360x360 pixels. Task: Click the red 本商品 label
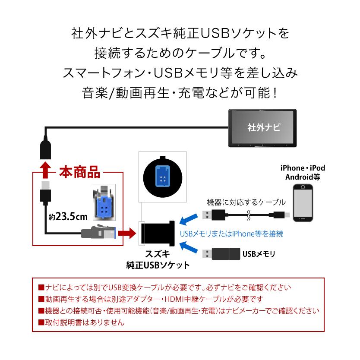(79, 173)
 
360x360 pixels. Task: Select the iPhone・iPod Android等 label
(303, 172)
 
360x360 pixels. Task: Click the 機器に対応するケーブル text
(246, 202)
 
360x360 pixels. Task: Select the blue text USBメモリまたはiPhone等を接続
(231, 234)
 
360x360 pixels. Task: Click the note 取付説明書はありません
(81, 322)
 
